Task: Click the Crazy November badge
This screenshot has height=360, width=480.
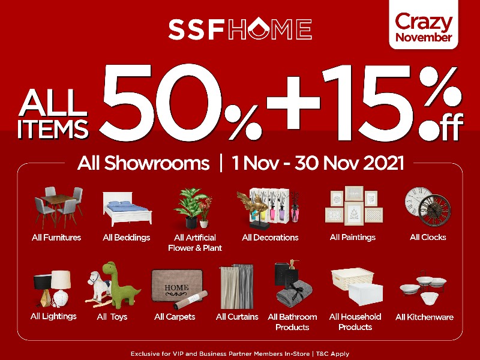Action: coord(424,25)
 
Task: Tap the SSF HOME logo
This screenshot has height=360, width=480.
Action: coord(240,28)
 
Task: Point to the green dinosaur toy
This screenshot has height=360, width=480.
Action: coord(121,284)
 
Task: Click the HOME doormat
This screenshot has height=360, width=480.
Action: coord(177,286)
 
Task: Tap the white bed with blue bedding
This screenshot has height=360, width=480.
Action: coord(127,209)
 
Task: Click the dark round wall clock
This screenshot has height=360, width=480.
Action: coord(434,211)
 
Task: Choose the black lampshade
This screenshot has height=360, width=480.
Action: coord(42,281)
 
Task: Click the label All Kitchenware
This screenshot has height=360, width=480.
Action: coord(424,317)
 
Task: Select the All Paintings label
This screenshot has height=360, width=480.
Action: coord(353,237)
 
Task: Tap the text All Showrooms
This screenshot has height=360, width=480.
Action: coord(143,163)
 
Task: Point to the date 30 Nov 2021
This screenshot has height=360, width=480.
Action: coord(349,163)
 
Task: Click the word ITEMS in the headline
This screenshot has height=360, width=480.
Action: coord(53,129)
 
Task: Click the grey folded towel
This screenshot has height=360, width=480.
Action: coord(294,295)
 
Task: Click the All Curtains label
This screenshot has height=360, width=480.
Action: coord(237,317)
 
